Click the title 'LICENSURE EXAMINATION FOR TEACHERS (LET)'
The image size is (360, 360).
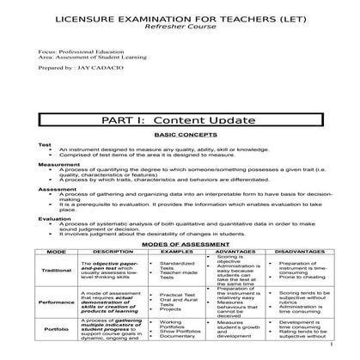[180, 16]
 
